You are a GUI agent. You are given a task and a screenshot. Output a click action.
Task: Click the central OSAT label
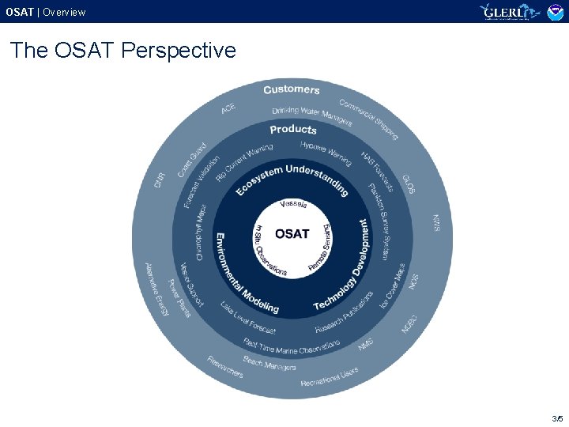(292, 233)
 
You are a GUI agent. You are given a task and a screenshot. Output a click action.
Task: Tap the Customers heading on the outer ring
(292, 89)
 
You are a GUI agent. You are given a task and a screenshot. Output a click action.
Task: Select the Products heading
(292, 130)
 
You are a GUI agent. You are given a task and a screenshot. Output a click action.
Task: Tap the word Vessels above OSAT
(293, 205)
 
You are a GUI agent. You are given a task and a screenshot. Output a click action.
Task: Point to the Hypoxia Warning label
(326, 153)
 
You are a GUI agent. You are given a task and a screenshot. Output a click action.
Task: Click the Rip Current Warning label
(243, 162)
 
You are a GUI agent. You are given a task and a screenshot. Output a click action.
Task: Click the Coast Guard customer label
(192, 160)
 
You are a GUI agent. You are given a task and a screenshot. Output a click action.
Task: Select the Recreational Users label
(330, 377)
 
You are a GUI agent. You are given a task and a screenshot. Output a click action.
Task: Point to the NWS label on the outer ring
(436, 223)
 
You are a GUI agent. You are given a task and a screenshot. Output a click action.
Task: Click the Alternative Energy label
(156, 289)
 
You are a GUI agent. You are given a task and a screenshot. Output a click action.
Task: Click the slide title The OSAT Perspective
(123, 51)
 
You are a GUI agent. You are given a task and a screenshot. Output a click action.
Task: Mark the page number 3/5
(556, 418)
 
